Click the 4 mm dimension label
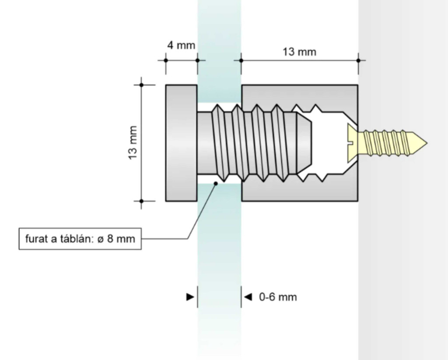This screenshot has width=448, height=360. coord(181,45)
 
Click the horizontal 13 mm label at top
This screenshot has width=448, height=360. coord(299,52)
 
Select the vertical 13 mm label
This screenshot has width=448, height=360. coord(133,143)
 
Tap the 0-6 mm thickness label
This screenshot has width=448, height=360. coord(278,297)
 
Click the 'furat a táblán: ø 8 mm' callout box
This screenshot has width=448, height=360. coord(80,239)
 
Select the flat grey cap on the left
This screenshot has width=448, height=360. coord(181,143)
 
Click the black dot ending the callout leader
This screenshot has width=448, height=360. coord(216,183)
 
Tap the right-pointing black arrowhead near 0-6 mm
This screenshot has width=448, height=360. coord(190,297)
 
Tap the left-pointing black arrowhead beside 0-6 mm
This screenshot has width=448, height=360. coord(248,297)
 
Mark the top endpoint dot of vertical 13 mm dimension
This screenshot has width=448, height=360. coord(141,85)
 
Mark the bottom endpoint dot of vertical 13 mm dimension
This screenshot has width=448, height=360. coord(141,201)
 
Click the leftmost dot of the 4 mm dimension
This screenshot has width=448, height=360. coord(165,60)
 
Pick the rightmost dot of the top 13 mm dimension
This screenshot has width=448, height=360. coord(358,60)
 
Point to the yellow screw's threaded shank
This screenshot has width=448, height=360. coord(387,143)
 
